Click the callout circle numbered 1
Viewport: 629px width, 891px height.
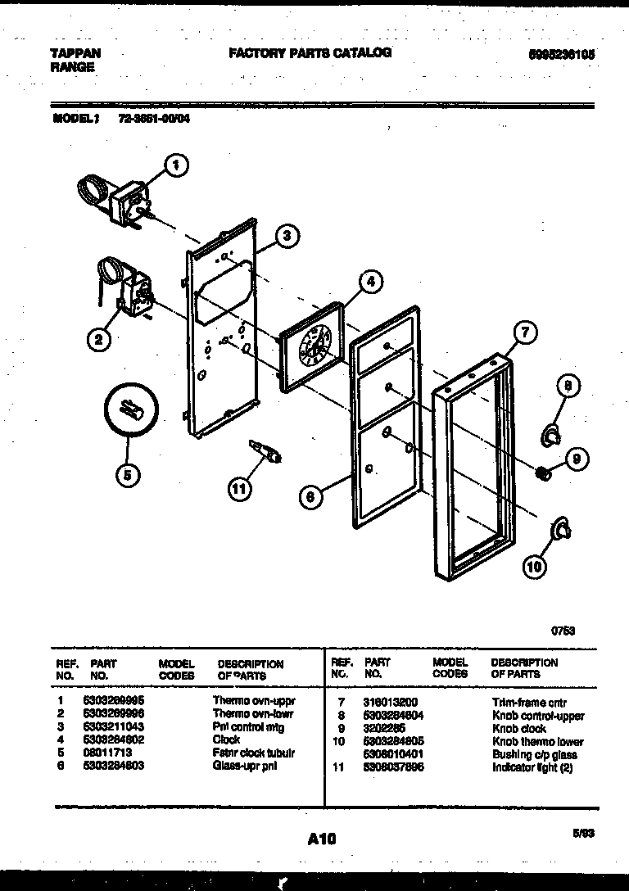coord(174,166)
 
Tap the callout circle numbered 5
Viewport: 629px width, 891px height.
coord(129,474)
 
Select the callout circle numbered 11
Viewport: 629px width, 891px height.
coord(238,490)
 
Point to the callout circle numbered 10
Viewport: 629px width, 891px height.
coord(534,564)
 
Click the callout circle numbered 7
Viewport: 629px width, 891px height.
coord(525,332)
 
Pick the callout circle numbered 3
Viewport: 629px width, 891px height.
coord(285,237)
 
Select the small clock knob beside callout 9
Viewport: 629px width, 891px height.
coord(541,472)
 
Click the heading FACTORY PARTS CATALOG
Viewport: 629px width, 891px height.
coord(310,52)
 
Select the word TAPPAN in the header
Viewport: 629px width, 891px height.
coord(76,53)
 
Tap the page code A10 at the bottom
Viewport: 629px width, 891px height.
coord(322,838)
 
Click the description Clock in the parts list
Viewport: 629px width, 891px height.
coord(226,739)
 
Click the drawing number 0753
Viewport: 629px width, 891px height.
coord(562,631)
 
